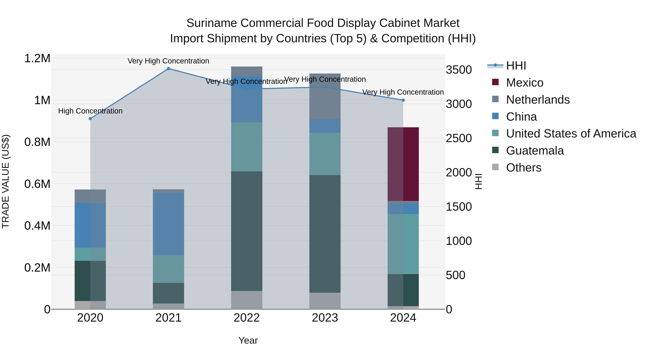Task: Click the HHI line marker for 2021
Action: click(168, 69)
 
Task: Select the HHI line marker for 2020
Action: click(90, 118)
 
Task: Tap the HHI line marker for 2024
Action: click(403, 100)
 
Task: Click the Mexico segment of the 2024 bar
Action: click(403, 164)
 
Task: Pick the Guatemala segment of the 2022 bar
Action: click(247, 231)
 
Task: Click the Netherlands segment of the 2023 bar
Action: click(325, 96)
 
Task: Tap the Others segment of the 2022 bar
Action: click(247, 300)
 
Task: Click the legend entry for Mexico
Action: click(524, 83)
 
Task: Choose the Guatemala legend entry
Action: click(535, 151)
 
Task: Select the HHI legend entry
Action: click(516, 66)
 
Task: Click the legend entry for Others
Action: click(523, 168)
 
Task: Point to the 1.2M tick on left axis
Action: click(37, 58)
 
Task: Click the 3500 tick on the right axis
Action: click(459, 70)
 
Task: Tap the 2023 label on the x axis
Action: click(325, 318)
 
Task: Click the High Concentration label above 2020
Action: click(90, 111)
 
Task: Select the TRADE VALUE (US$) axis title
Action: click(6, 181)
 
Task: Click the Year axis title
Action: click(248, 340)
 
